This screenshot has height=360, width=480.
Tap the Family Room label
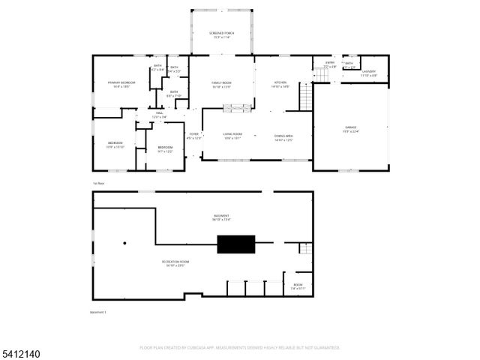point(220,84)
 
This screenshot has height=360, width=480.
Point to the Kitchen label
point(280,84)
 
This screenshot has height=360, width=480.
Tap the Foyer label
point(193,136)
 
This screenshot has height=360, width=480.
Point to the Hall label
point(160,115)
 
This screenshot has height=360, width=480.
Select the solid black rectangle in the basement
point(235,244)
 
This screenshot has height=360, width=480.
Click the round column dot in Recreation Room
point(125,242)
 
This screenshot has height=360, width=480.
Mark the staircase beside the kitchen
point(305,95)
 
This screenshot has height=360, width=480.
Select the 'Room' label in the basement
point(298,286)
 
